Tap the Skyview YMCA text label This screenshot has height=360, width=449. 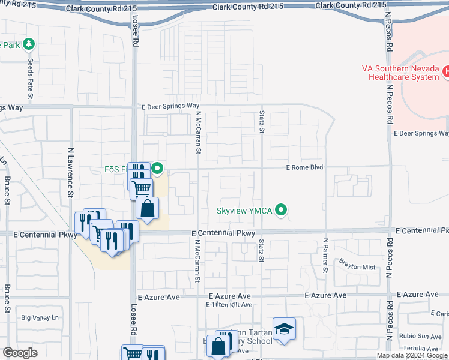coord(245,211)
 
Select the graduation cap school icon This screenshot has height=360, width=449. coord(284,329)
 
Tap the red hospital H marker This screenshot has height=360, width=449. coord(445,72)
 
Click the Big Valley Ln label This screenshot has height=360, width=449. coord(41,317)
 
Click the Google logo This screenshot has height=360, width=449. coord(20,353)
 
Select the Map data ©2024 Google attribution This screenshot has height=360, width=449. coord(412,355)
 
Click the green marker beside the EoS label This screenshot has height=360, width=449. coord(157,169)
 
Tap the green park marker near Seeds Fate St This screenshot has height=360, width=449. coord(29,44)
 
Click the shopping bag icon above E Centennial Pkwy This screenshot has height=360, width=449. coord(148,208)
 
